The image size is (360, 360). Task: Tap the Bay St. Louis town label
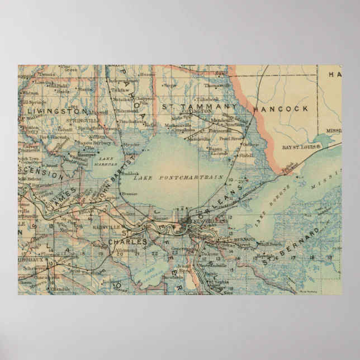point(301,147)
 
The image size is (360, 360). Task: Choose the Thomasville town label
point(216,86)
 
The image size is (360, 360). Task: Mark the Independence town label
point(131,82)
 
